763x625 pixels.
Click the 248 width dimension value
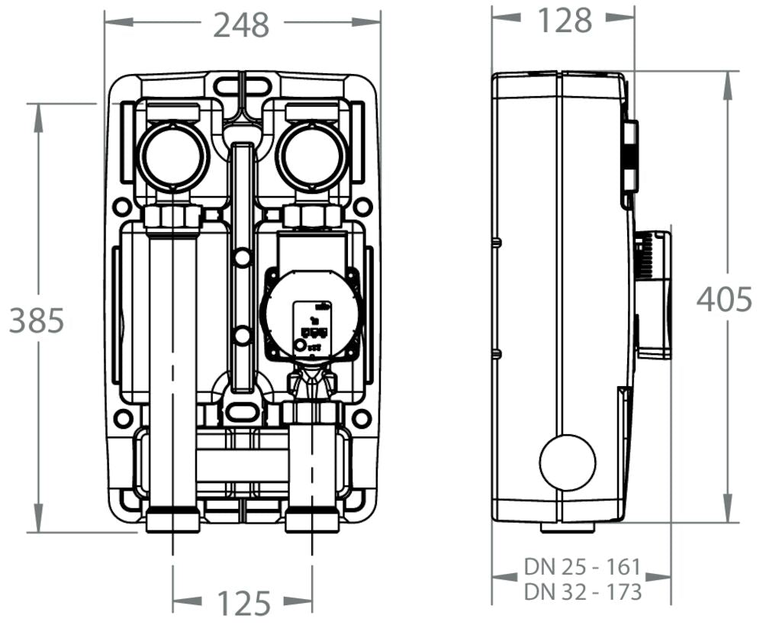(x=241, y=25)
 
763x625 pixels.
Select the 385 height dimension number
(x=36, y=321)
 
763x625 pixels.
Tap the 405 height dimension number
(x=724, y=299)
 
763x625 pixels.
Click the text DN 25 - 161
(x=581, y=567)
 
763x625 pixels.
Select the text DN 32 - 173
(x=581, y=591)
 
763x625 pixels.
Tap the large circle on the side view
(x=568, y=462)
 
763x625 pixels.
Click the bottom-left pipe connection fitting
(x=173, y=522)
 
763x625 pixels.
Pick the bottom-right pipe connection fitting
(x=312, y=522)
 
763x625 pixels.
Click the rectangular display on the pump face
(x=313, y=320)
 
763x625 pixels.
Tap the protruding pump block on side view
(x=653, y=294)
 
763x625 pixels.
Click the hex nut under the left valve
(x=173, y=217)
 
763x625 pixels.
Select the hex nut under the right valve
(x=312, y=217)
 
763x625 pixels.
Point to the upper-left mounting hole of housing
(x=121, y=207)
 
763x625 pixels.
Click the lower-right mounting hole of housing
(x=362, y=418)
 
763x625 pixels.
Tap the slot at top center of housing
(x=242, y=84)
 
